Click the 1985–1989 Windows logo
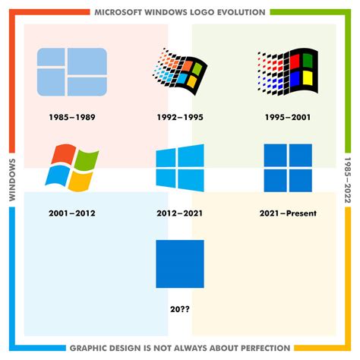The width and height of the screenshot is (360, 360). tap(71, 72)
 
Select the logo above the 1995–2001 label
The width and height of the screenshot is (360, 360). tap(287, 72)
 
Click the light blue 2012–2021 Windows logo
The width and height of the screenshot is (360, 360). tap(179, 168)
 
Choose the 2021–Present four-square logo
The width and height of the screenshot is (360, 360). tap(287, 168)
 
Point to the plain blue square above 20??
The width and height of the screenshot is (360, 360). tap(179, 264)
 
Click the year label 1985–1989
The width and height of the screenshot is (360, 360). tap(71, 118)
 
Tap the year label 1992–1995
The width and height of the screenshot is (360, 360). tap(179, 118)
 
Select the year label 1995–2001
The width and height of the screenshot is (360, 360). tap(287, 118)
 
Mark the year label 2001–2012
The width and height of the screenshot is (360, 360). tap(71, 213)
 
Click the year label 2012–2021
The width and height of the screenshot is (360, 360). tap(179, 213)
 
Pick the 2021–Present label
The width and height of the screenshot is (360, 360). tap(287, 213)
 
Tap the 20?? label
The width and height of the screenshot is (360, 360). tap(179, 309)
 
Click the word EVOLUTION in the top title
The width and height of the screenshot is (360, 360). tap(238, 12)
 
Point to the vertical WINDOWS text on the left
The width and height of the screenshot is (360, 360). tap(12, 180)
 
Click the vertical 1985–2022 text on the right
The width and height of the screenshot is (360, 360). tap(347, 180)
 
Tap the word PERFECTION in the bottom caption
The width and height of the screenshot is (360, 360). tap(260, 348)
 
